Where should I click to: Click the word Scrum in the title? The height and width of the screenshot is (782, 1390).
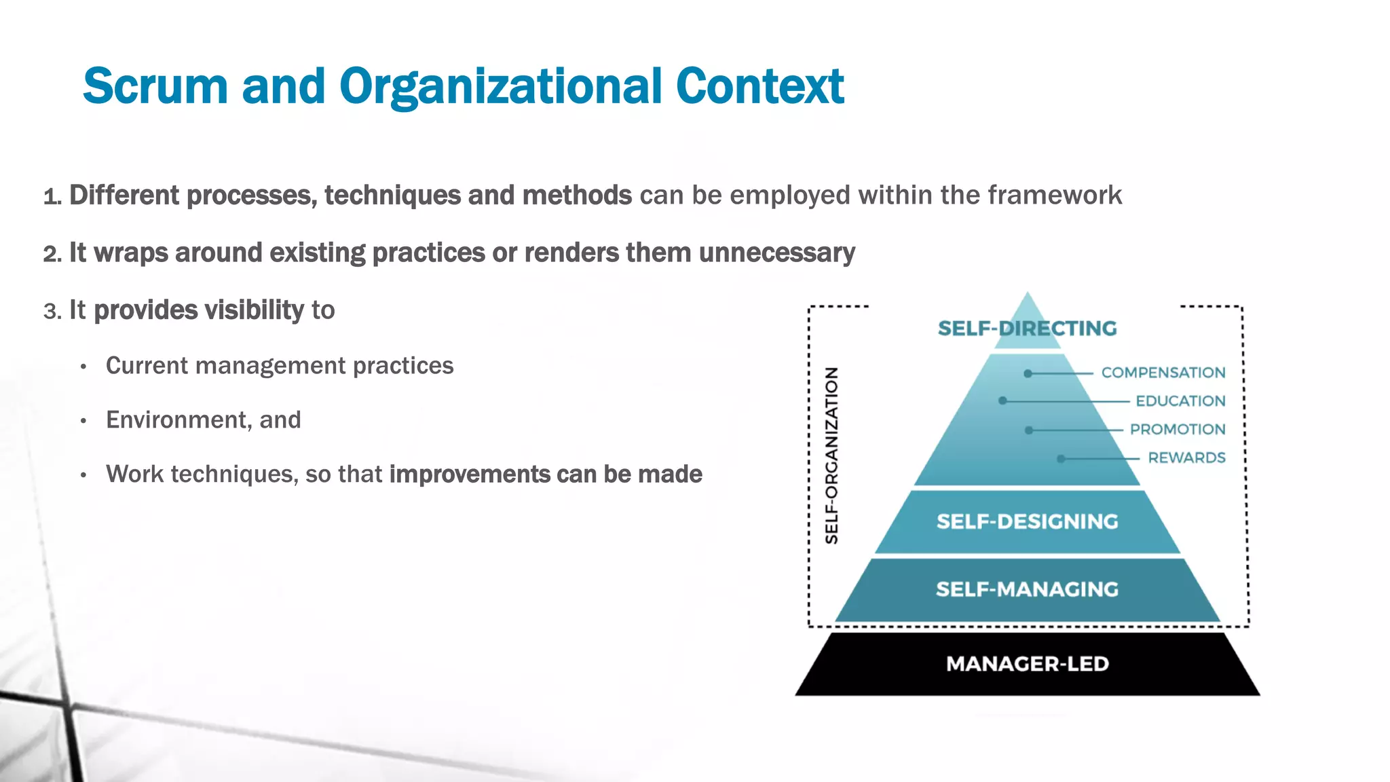pos(155,87)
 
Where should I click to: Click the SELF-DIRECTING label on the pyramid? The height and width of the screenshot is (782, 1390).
pos(1027,329)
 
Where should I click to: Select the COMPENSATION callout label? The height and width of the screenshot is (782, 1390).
pos(1163,373)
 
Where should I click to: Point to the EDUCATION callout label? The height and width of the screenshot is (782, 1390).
pos(1180,401)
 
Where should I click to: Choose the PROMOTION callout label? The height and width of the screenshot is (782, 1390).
pos(1177,430)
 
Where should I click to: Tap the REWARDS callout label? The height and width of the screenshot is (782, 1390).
pos(1186,458)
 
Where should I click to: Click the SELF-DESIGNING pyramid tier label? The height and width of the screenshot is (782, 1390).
pos(1027,521)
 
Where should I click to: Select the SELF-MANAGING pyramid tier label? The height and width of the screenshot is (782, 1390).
pos(1027,589)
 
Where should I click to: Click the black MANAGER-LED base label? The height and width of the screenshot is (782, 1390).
pos(1027,664)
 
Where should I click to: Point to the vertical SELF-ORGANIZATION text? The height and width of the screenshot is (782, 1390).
pos(831,455)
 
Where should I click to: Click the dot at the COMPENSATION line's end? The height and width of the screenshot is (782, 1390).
pos(1028,373)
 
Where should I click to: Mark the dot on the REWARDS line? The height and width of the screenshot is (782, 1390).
pos(1061,459)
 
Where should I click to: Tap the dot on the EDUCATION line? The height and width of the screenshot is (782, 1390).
pos(1002,401)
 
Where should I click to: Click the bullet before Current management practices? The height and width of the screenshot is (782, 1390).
pos(83,367)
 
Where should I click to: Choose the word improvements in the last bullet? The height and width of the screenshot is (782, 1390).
pos(469,474)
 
